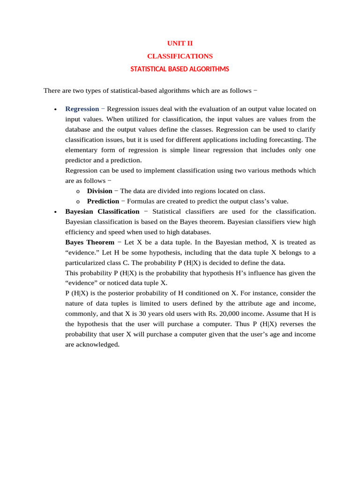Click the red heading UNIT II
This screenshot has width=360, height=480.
pos(180,43)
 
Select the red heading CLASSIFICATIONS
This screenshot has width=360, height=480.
pos(180,56)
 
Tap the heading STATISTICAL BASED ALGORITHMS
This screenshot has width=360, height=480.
pos(180,69)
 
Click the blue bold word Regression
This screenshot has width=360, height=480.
pos(82,109)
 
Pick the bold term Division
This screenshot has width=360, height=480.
pos(99,191)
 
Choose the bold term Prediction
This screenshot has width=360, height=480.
pos(103,201)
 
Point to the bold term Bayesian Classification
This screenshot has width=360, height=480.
pos(102,211)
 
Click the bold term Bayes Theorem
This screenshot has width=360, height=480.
pos(90,242)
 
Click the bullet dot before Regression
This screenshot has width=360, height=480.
pos(55,110)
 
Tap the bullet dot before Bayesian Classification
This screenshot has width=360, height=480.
pos(55,212)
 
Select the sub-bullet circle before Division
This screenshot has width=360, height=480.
pos(77,191)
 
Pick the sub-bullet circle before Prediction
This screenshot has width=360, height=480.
pos(77,202)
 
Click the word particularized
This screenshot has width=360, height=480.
pos(87,262)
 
